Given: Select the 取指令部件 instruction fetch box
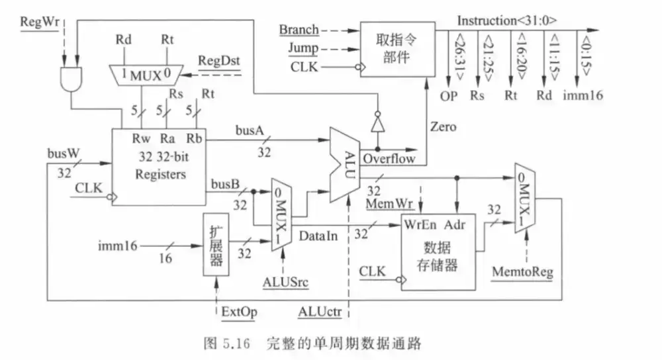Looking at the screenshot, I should click(x=397, y=49).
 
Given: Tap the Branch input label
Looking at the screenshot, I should click(x=299, y=30).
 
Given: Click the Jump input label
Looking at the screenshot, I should click(x=302, y=48).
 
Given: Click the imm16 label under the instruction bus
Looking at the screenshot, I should click(x=583, y=95).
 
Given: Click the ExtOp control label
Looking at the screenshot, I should click(x=239, y=312).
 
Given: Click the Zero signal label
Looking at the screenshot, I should click(x=443, y=126).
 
